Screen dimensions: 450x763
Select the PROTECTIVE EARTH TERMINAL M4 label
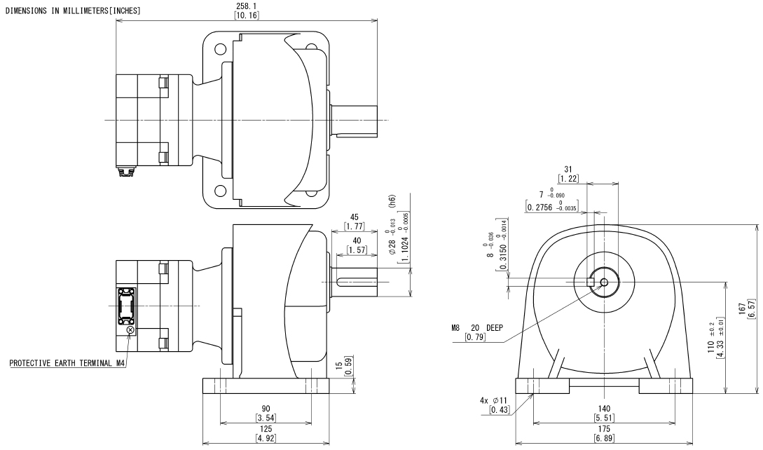point(67,364)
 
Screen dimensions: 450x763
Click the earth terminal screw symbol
point(130,329)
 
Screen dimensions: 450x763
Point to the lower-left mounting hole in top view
point(221,190)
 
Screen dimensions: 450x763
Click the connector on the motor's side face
point(128,306)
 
